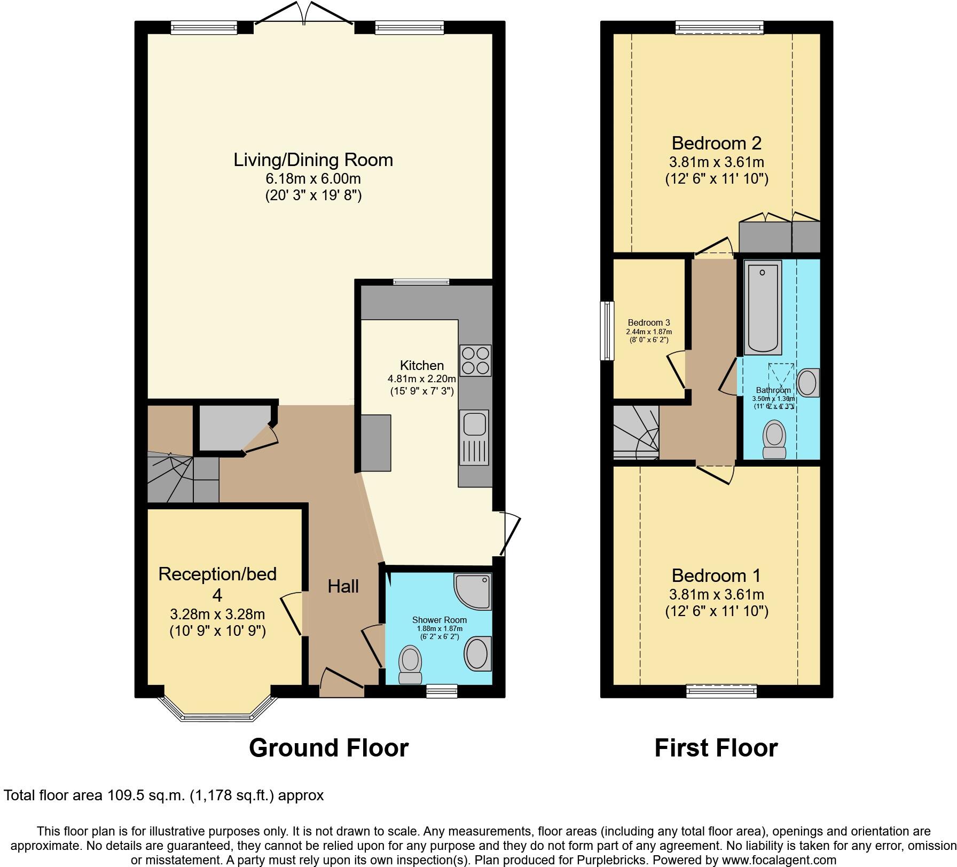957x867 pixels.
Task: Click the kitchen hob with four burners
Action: pos(475,360)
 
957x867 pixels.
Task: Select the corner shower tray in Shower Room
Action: pos(475,590)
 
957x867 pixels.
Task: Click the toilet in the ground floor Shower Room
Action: pos(411,663)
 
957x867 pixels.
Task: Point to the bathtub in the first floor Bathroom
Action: pos(763,306)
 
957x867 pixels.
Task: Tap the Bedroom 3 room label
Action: pos(648,322)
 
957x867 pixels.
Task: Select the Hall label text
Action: pos(343,586)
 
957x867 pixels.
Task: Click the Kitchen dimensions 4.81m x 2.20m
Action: pos(421,379)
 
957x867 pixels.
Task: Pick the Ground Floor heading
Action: pos(328,747)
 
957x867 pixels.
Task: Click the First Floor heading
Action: pos(716,747)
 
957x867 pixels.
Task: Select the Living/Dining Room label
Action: pos(313,160)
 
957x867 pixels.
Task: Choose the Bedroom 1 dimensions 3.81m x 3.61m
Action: pos(716,594)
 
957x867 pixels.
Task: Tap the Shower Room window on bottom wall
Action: pos(442,691)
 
